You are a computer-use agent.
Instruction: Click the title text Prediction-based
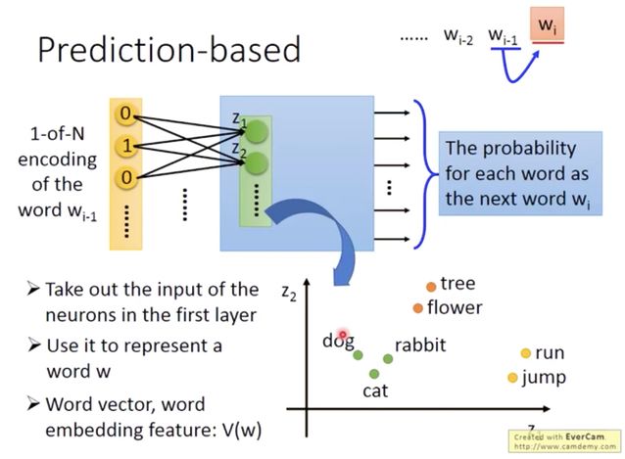(167, 49)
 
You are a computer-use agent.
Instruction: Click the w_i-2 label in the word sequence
(459, 36)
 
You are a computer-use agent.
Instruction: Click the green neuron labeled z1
(256, 132)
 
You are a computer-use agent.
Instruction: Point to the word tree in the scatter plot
(457, 284)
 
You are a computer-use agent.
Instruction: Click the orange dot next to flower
(417, 308)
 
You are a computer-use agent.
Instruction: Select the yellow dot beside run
(525, 353)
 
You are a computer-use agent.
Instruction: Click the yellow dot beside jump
(512, 378)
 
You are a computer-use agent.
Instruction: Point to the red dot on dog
(344, 336)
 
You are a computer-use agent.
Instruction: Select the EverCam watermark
(565, 440)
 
